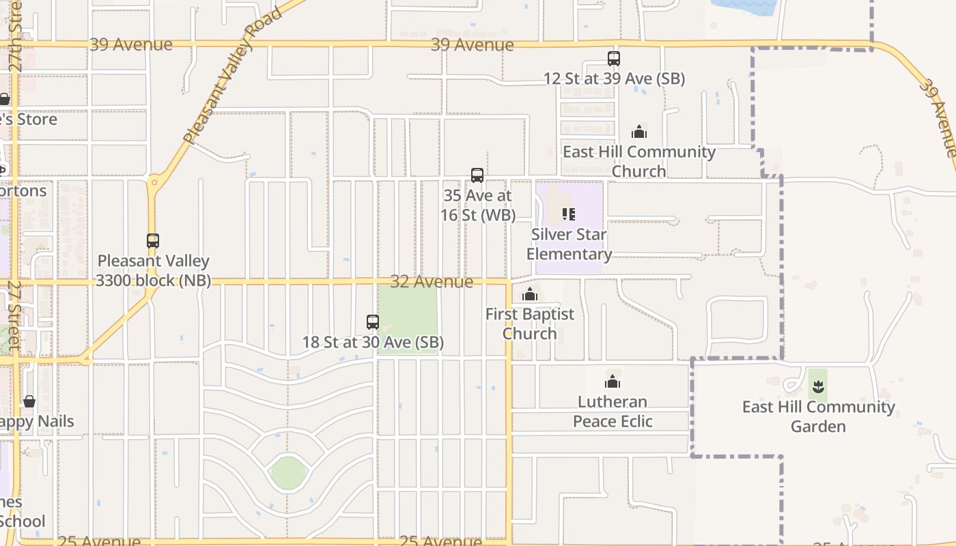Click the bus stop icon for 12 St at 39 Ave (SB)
point(614,59)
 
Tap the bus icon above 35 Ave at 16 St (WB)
point(477,175)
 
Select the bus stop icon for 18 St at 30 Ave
point(373,322)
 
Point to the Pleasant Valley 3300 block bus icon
point(153,241)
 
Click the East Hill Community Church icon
point(639,132)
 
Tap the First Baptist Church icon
point(530,295)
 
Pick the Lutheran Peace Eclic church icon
point(613,382)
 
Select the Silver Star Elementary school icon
point(569,214)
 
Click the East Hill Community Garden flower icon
point(818,388)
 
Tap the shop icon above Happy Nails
point(29,401)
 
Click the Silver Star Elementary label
point(569,244)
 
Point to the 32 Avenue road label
point(432,282)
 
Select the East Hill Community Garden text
point(818,416)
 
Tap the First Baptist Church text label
point(530,324)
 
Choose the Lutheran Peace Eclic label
point(613,412)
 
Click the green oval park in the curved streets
point(287,472)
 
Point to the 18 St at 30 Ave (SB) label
point(373,343)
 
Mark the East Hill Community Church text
point(639,161)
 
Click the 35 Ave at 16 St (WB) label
point(477,205)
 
